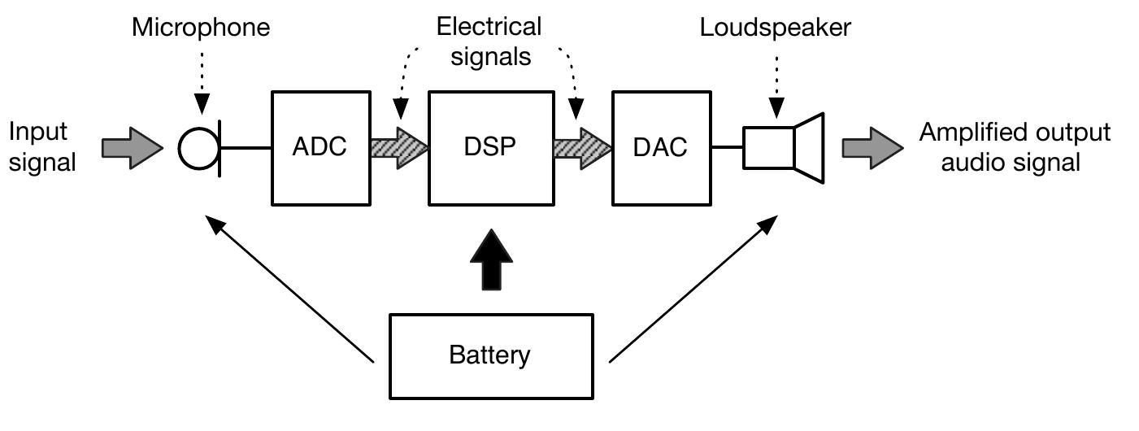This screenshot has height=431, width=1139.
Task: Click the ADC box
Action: click(x=320, y=147)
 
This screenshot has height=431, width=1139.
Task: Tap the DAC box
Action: click(x=660, y=147)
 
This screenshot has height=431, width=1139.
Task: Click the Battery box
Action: click(x=490, y=355)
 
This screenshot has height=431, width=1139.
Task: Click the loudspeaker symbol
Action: click(x=785, y=147)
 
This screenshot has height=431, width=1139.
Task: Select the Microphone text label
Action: click(x=201, y=28)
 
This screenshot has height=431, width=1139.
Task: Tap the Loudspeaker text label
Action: click(x=775, y=28)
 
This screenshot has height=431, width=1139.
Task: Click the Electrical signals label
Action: click(x=489, y=41)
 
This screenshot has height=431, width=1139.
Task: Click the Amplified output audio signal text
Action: click(x=1014, y=147)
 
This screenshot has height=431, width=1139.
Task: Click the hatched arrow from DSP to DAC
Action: click(x=581, y=148)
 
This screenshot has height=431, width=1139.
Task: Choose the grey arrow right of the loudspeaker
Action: click(x=872, y=148)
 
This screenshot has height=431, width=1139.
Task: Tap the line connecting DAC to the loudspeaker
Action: click(x=728, y=148)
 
